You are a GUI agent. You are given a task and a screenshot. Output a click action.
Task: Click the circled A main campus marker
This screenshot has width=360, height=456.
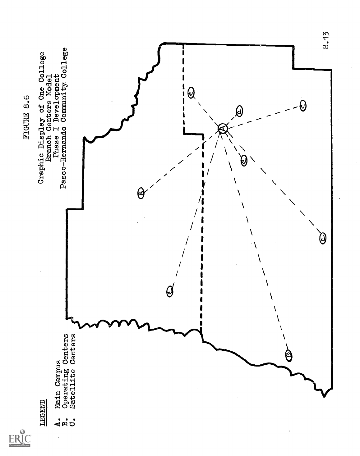coord(223,128)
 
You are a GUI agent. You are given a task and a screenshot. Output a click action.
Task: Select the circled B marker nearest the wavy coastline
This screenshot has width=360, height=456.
coord(289,354)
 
